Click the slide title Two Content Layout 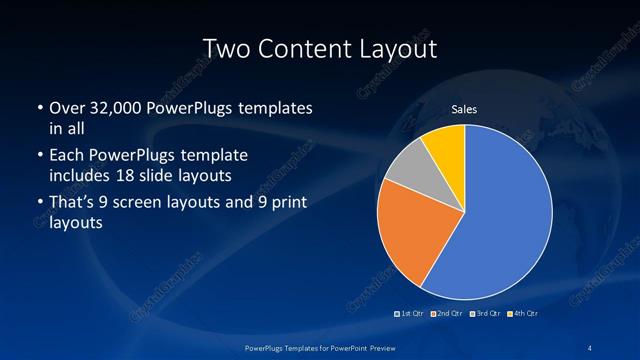point(319,47)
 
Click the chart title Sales point(463,108)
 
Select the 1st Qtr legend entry point(411,314)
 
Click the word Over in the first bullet point(65,107)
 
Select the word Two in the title point(223,47)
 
